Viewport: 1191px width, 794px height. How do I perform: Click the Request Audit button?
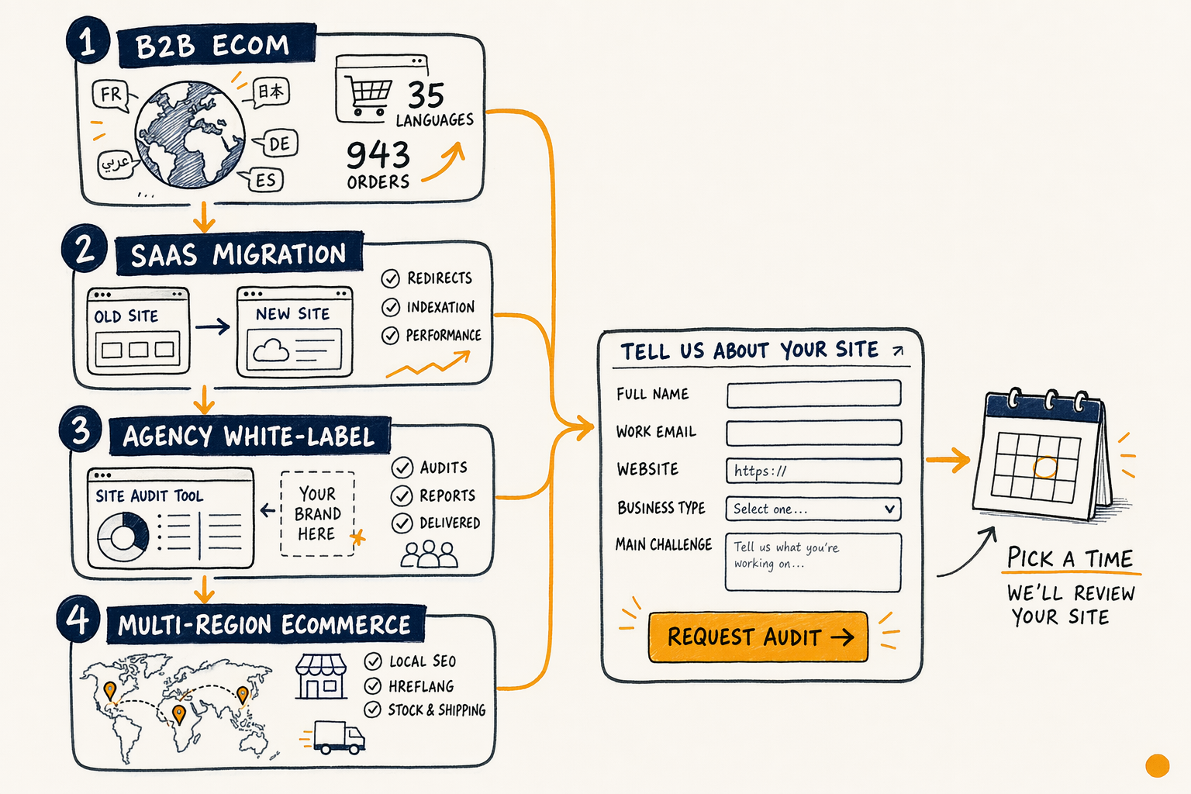point(758,637)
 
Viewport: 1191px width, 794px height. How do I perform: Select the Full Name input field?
point(813,394)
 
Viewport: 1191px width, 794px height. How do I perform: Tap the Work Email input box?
point(813,433)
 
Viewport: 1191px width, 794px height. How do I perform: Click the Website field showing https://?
point(813,471)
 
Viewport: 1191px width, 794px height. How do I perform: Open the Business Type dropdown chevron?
point(889,509)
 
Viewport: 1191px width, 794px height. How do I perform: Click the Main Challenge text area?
point(813,562)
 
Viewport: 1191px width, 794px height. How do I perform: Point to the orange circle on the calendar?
point(1044,468)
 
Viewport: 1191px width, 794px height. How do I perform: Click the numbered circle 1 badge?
point(88,41)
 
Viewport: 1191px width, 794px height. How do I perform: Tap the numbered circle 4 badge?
point(78,619)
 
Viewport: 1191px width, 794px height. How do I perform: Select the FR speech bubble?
point(111,95)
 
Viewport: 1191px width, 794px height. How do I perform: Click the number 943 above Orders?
point(378,155)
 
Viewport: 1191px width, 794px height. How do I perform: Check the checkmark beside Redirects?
point(390,278)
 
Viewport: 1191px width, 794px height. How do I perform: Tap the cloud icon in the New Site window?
point(271,350)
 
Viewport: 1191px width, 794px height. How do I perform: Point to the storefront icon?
point(320,676)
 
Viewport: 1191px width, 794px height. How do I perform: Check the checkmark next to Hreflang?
point(373,686)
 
